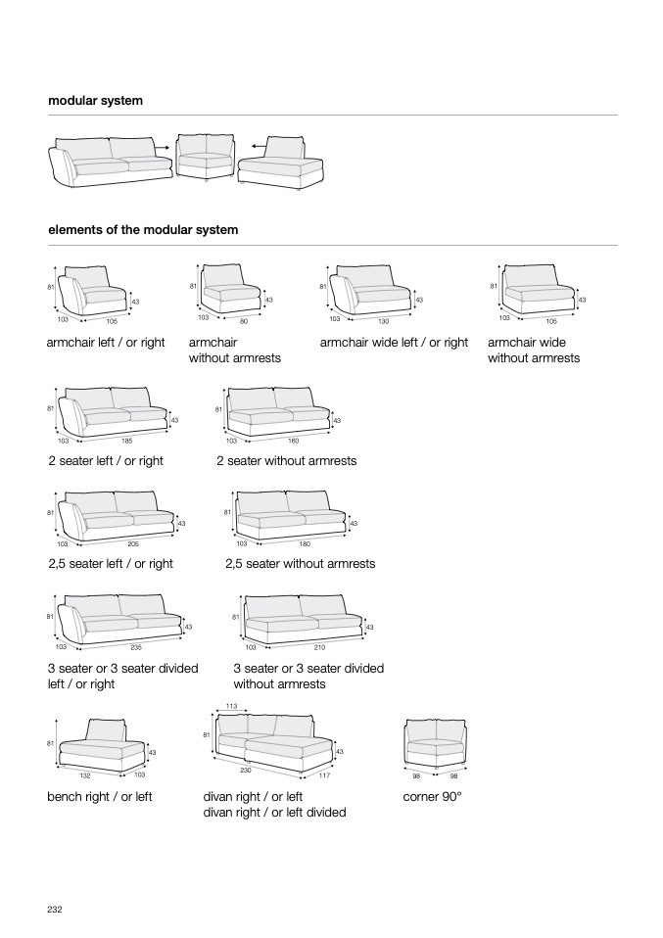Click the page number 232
click(x=55, y=910)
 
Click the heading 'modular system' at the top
click(x=96, y=101)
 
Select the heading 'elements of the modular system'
click(x=143, y=230)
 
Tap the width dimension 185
click(x=127, y=442)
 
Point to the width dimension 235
click(x=136, y=646)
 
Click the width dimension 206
click(x=133, y=543)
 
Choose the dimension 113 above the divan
click(x=231, y=706)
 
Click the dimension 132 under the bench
click(x=85, y=774)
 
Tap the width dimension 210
click(x=319, y=647)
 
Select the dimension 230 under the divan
click(x=231, y=771)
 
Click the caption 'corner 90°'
click(x=432, y=797)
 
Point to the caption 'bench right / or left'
click(x=100, y=797)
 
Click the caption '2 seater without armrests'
click(x=286, y=460)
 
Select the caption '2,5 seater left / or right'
click(x=111, y=563)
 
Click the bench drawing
click(x=100, y=746)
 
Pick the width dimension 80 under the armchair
click(x=244, y=321)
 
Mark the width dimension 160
click(x=293, y=442)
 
